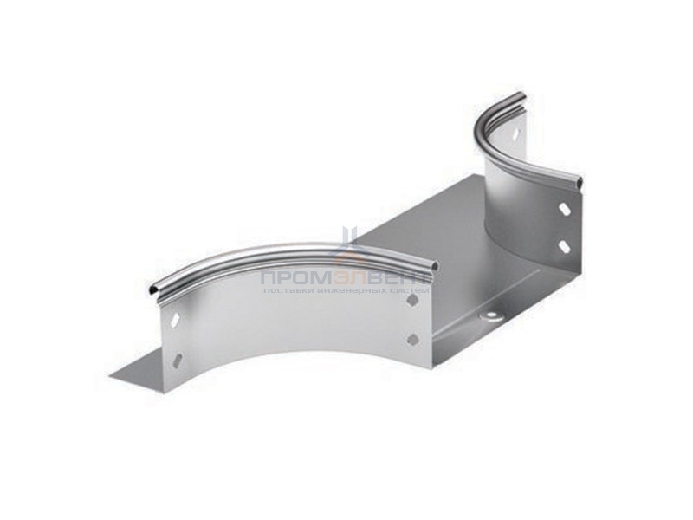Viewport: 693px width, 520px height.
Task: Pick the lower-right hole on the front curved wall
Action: [411, 339]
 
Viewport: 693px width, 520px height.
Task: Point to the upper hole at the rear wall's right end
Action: [564, 209]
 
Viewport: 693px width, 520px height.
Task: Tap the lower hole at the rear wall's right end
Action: [564, 246]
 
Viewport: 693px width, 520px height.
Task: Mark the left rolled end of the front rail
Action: [153, 287]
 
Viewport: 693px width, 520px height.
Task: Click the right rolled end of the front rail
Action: [433, 265]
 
